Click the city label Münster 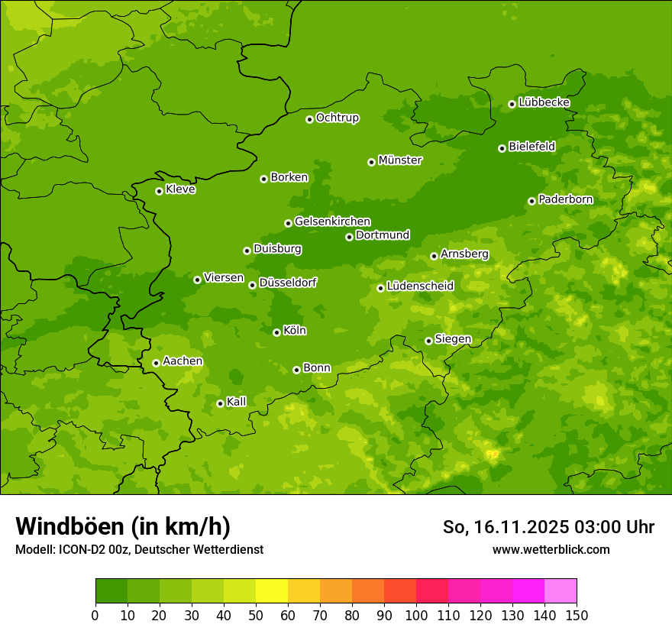pyautogui.click(x=400, y=160)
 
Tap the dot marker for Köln pyautogui.click(x=276, y=332)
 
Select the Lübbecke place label pyautogui.click(x=544, y=102)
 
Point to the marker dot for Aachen pyautogui.click(x=156, y=363)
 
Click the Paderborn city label pyautogui.click(x=565, y=199)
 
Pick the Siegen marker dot pyautogui.click(x=428, y=341)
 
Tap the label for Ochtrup pyautogui.click(x=337, y=118)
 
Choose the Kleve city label pyautogui.click(x=180, y=189)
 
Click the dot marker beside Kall pyautogui.click(x=220, y=403)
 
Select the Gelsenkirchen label pyautogui.click(x=332, y=222)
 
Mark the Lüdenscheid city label pyautogui.click(x=420, y=286)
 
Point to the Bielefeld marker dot pyautogui.click(x=502, y=148)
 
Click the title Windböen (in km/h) pyautogui.click(x=123, y=526)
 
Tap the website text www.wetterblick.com pyautogui.click(x=551, y=549)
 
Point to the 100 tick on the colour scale pyautogui.click(x=416, y=615)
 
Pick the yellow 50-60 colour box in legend pyautogui.click(x=272, y=591)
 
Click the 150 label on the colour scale pyautogui.click(x=577, y=615)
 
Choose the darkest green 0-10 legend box pyautogui.click(x=111, y=591)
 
